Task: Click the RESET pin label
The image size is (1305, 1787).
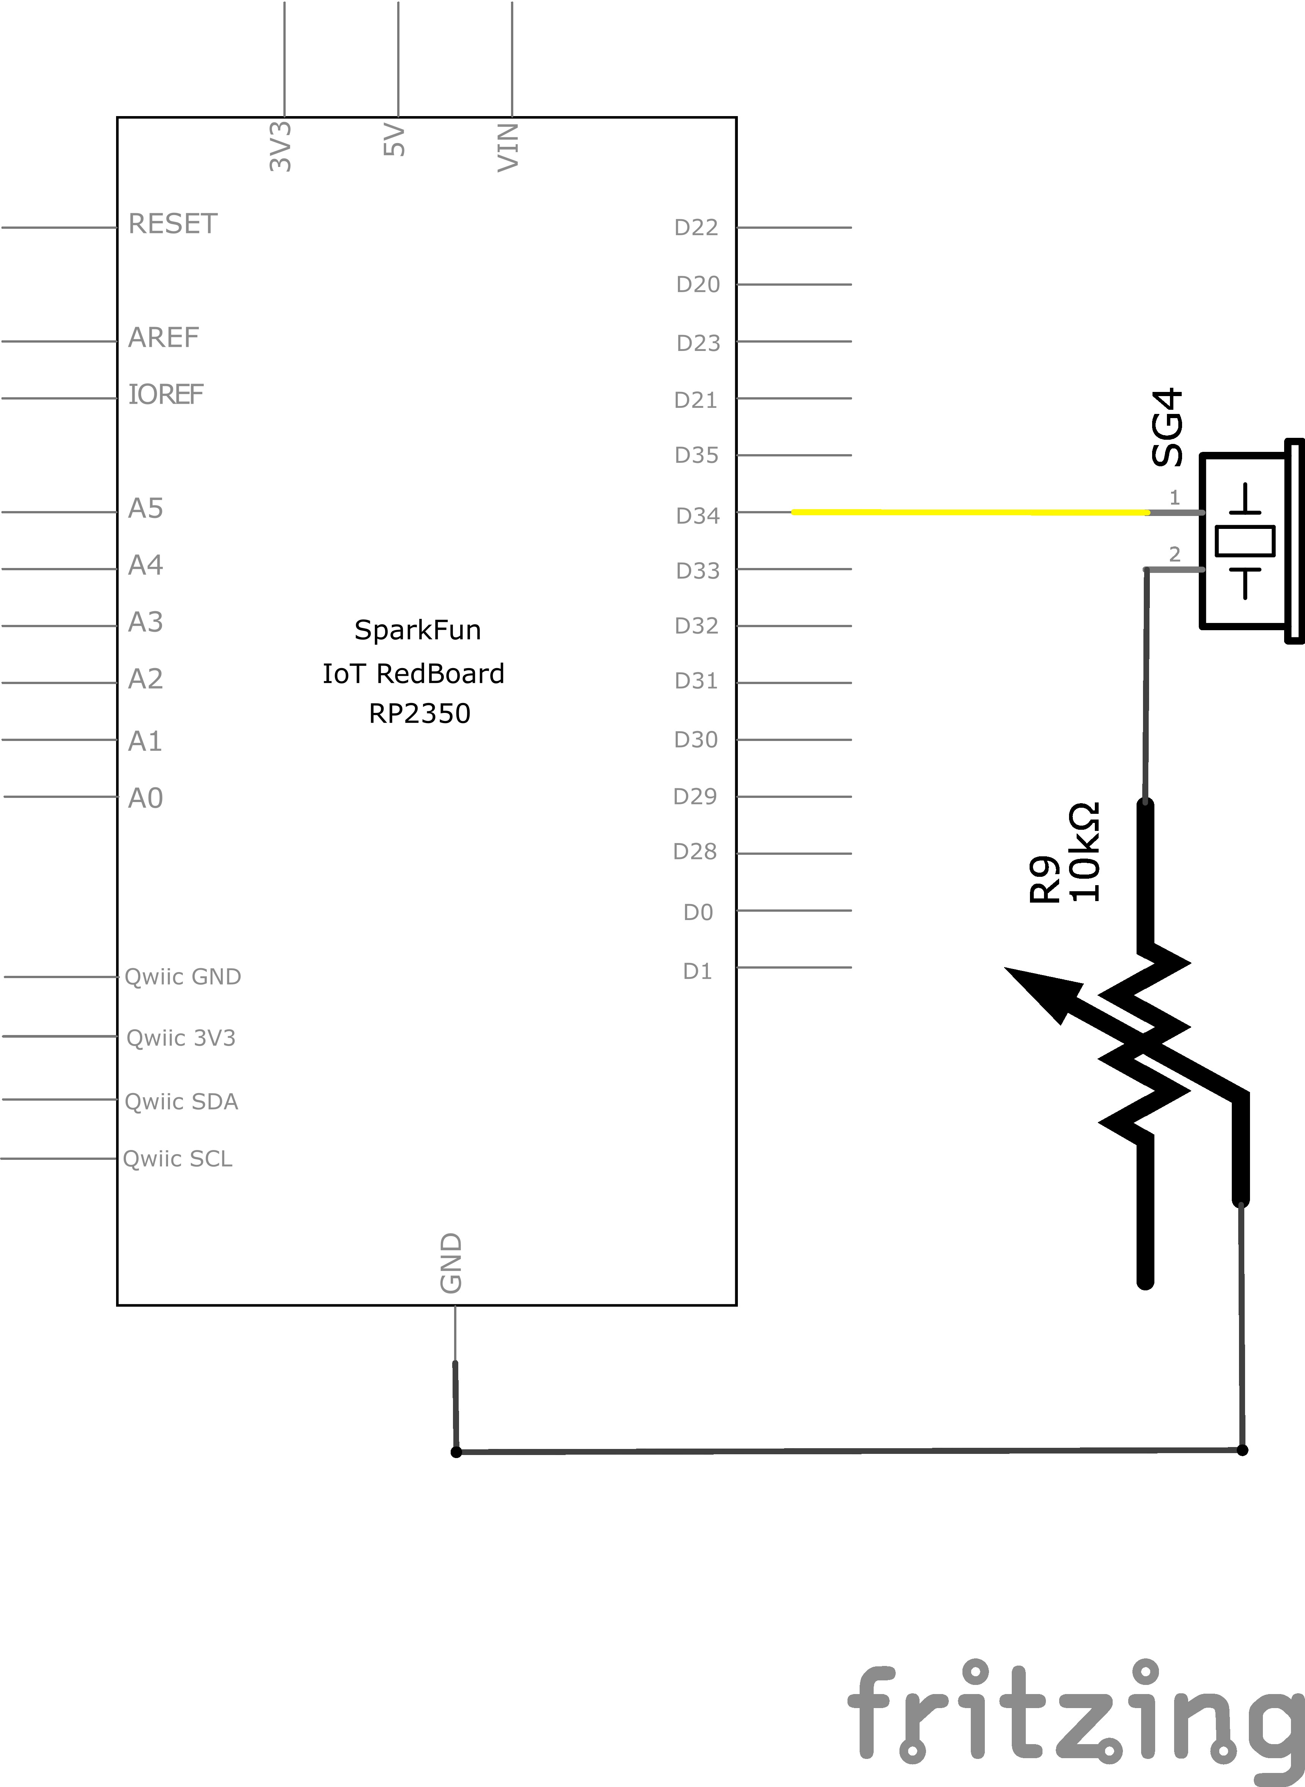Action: [x=172, y=224]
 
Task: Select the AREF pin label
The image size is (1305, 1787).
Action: [x=164, y=338]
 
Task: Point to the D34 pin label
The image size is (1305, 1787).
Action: [x=698, y=516]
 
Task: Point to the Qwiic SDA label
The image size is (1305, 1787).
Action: [x=181, y=1101]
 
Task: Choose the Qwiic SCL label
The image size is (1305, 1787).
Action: [x=178, y=1159]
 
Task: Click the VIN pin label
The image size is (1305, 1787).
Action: [x=508, y=147]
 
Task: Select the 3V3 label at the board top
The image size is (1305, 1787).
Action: [x=280, y=146]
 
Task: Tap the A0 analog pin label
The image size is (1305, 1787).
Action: [x=145, y=799]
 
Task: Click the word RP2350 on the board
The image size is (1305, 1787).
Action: [x=420, y=713]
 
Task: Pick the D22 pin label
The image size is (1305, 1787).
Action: [x=696, y=228]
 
